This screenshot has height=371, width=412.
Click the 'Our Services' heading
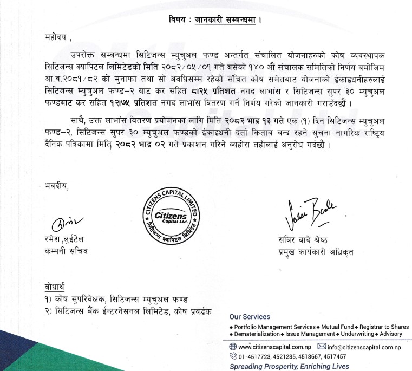click(x=250, y=316)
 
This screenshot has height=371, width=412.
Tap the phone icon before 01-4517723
click(x=233, y=357)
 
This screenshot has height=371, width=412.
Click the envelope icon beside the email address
click(x=321, y=347)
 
